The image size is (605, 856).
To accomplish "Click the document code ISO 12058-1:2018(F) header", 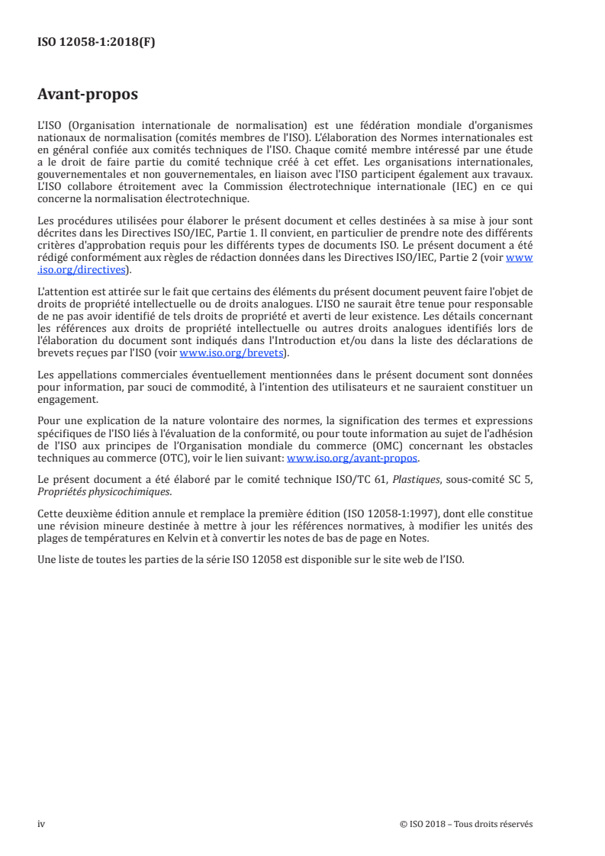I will (x=96, y=43).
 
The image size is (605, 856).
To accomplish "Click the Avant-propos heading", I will (x=88, y=95).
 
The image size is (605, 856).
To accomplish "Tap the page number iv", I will (x=41, y=824).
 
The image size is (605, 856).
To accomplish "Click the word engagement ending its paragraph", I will (x=67, y=399).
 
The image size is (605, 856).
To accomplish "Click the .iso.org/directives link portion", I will (x=84, y=269).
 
